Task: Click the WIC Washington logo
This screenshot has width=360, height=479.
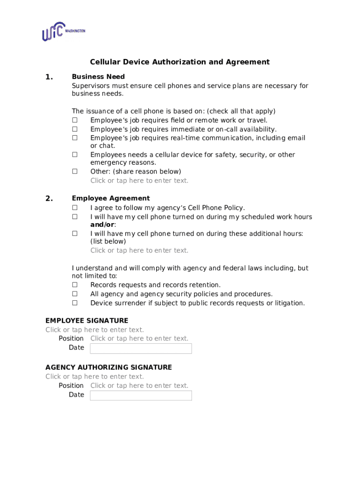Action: [63, 32]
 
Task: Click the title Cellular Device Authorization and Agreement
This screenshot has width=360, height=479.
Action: [180, 62]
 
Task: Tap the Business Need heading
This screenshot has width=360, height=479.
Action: [98, 77]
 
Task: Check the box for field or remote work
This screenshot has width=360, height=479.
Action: [74, 120]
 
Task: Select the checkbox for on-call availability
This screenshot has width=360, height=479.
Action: [74, 129]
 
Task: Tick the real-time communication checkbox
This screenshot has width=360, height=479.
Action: [74, 138]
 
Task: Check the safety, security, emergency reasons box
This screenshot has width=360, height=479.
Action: [74, 155]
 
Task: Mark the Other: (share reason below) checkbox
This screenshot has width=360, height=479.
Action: [74, 172]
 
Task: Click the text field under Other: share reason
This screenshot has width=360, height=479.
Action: [139, 181]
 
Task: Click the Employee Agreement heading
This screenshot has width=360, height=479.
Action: [110, 198]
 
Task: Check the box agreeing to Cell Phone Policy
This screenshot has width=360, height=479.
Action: [74, 208]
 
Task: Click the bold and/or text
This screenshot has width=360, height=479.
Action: [103, 225]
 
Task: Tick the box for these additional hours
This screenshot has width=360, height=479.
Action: [74, 233]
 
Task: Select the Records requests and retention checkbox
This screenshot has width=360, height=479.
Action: [74, 285]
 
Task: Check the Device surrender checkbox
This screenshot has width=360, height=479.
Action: [74, 303]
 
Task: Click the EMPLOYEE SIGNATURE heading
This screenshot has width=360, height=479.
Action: [86, 321]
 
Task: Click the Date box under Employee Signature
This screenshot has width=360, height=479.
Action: [141, 348]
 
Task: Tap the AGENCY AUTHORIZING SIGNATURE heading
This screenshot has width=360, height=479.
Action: [108, 368]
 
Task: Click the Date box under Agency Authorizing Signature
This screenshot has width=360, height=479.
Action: [141, 396]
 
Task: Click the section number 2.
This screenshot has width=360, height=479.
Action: [49, 198]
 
